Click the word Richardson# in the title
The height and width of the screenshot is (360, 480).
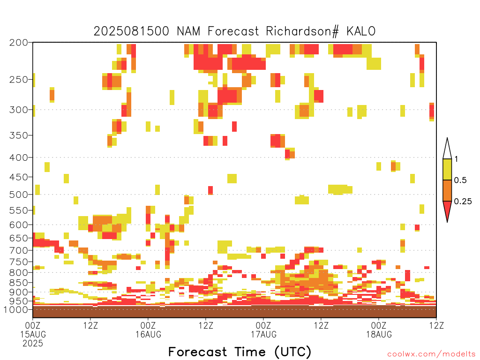pyautogui.click(x=302, y=31)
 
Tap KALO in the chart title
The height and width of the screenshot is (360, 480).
pyautogui.click(x=361, y=31)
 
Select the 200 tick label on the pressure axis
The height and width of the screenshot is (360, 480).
pyautogui.click(x=19, y=43)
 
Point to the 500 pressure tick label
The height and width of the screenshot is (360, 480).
pyautogui.click(x=19, y=195)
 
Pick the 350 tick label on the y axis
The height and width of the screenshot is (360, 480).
pyautogui.click(x=19, y=135)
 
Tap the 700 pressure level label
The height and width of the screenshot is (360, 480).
pyautogui.click(x=19, y=250)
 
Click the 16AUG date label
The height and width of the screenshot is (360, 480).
pyautogui.click(x=149, y=334)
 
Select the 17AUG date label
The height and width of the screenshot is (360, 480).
pyautogui.click(x=264, y=334)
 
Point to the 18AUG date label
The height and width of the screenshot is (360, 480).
pyautogui.click(x=379, y=334)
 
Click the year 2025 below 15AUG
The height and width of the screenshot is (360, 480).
pyautogui.click(x=33, y=344)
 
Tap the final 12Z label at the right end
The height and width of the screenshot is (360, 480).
pyautogui.click(x=436, y=325)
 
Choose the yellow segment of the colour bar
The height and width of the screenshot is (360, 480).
pyautogui.click(x=447, y=169)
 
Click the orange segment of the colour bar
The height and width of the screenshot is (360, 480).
pyautogui.click(x=447, y=190)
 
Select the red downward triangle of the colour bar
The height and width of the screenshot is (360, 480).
pyautogui.click(x=447, y=210)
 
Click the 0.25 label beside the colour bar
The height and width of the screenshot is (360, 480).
pyautogui.click(x=463, y=202)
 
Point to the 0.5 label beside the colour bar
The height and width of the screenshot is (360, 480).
pyautogui.click(x=460, y=180)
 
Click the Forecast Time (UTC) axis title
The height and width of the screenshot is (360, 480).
pyautogui.click(x=240, y=352)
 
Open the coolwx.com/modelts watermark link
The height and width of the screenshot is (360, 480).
pyautogui.click(x=432, y=354)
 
